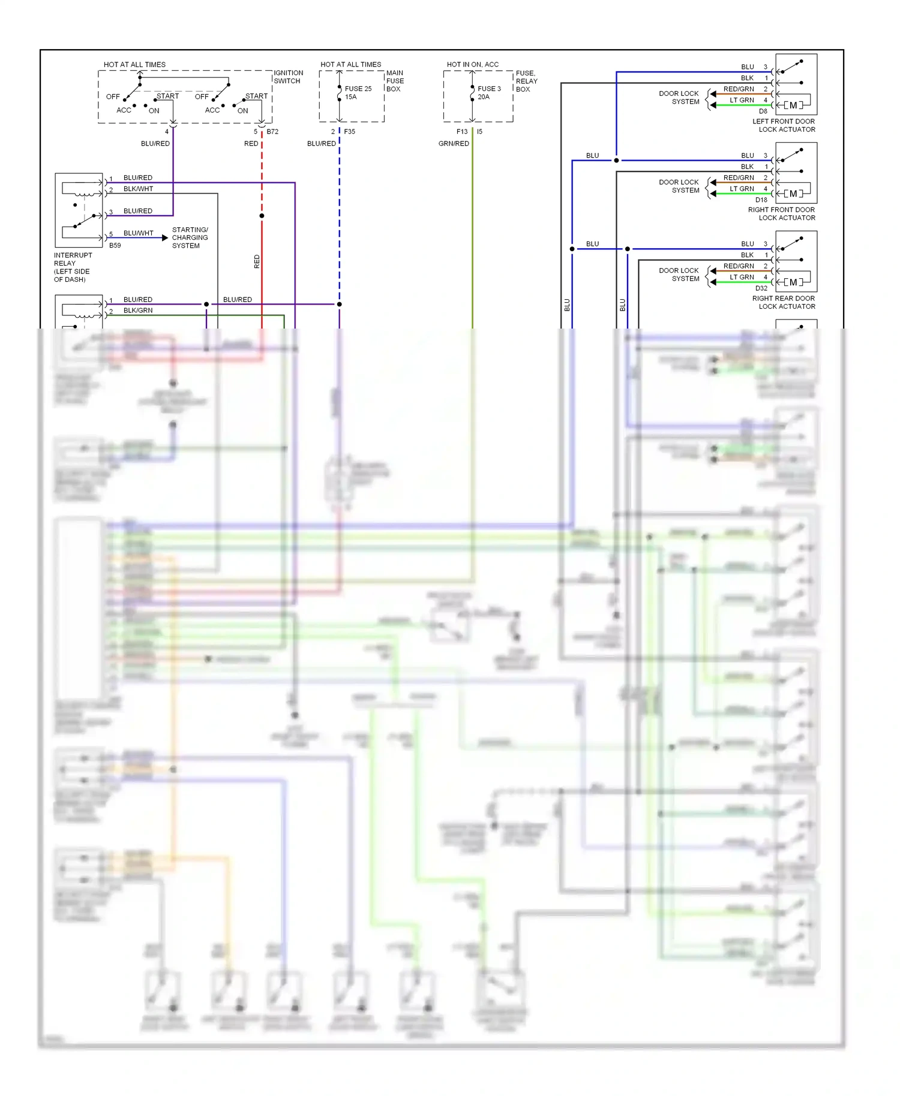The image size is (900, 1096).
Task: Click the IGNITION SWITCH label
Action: (289, 77)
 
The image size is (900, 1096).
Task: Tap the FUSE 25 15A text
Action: (358, 92)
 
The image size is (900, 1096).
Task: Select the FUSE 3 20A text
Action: (489, 92)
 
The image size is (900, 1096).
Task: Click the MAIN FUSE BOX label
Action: (395, 81)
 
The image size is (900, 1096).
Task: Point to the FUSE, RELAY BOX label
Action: (526, 81)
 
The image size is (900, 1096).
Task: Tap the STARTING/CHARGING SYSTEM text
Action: (190, 237)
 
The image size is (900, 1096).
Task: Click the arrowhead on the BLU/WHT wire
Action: (165, 238)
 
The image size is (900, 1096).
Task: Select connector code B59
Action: (115, 245)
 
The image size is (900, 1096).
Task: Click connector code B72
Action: (272, 131)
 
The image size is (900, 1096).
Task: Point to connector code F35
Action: (349, 131)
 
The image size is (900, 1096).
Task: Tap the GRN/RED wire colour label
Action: (454, 143)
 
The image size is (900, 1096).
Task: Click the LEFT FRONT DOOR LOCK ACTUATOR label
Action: (784, 125)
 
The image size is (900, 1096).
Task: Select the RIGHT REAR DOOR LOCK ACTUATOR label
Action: (784, 302)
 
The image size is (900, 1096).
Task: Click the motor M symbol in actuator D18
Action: (793, 194)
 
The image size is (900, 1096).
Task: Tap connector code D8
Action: (763, 111)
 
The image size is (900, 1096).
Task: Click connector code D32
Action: (761, 288)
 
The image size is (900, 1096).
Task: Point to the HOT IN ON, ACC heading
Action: (472, 64)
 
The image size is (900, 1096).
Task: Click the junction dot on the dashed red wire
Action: (262, 216)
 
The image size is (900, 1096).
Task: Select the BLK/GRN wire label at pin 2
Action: (138, 311)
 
